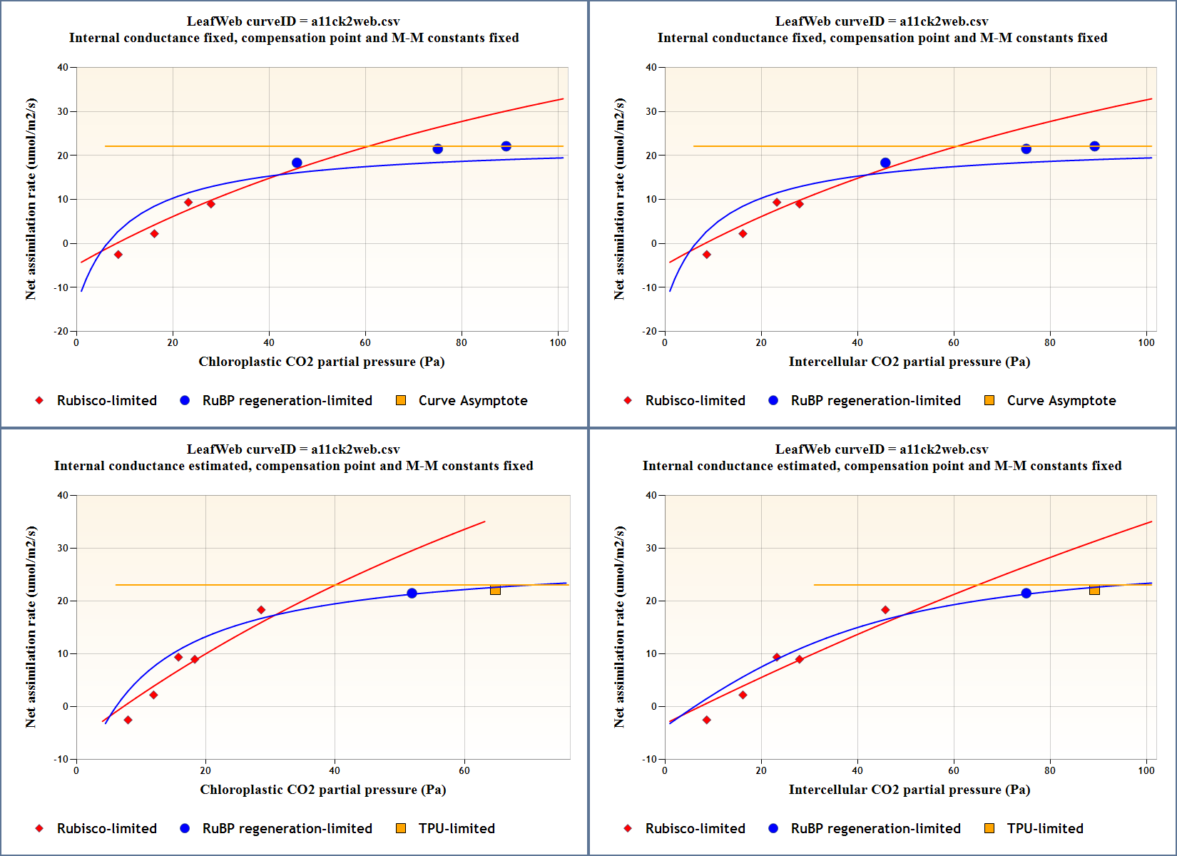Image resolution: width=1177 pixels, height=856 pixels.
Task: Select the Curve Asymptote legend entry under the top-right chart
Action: coord(1061,400)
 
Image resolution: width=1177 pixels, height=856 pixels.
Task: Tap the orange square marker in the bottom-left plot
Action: coord(495,590)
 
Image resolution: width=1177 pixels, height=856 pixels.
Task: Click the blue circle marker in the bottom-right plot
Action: coord(1026,593)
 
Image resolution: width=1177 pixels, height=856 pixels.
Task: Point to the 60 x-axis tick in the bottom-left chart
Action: coord(464,770)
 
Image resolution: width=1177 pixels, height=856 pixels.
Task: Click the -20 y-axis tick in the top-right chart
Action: coord(649,331)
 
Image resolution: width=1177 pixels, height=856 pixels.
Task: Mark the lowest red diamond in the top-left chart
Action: coord(118,255)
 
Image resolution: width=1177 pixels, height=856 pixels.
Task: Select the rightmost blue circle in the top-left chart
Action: coord(506,146)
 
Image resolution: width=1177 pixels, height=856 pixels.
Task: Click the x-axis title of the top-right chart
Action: coord(909,362)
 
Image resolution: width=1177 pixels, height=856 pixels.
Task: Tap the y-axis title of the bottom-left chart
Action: coord(31,627)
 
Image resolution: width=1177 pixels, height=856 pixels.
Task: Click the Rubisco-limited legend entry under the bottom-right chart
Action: coord(695,828)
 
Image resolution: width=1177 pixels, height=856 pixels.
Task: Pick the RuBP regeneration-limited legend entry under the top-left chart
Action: coord(287,400)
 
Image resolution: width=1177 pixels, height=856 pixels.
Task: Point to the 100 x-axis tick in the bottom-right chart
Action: coord(1146,770)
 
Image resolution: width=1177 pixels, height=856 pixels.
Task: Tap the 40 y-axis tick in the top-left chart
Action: coord(63,68)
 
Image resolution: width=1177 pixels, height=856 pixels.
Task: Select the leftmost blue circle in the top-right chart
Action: coord(885,163)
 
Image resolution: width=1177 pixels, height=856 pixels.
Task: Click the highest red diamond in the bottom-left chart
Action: coord(261,610)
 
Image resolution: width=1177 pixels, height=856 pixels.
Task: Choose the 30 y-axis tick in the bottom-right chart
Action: coord(651,548)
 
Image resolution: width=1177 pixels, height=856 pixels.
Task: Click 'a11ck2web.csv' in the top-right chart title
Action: coord(944,21)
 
